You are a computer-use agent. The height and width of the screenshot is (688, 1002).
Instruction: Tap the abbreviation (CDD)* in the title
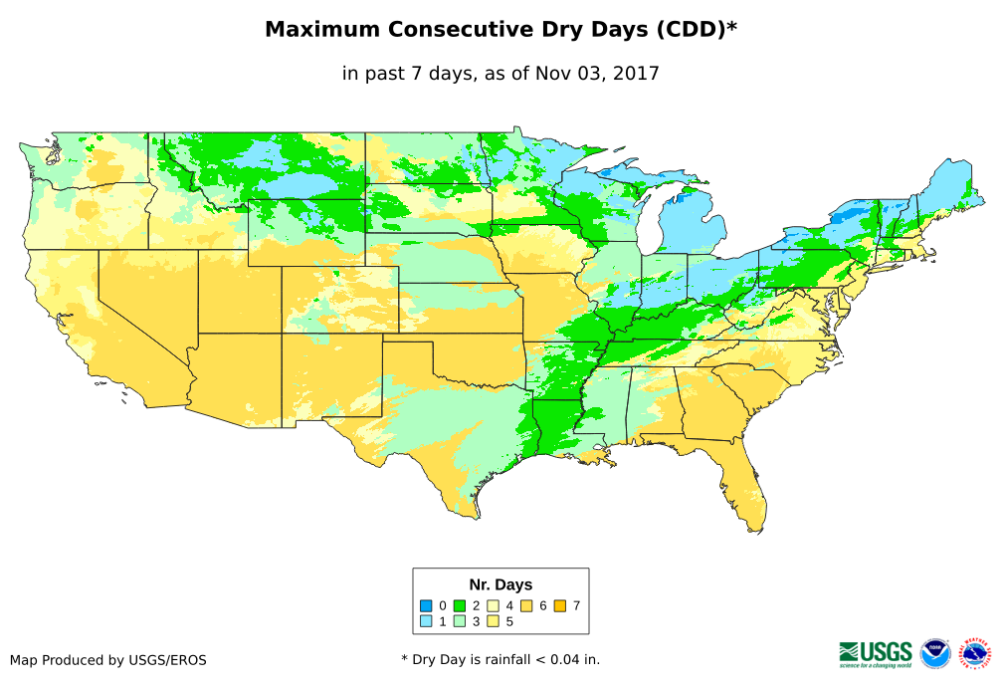tap(696, 30)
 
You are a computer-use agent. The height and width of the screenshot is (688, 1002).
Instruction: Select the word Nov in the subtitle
tap(553, 74)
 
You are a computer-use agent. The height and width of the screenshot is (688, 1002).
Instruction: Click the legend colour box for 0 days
tap(426, 605)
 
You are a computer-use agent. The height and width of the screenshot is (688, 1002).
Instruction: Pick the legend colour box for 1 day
tap(426, 622)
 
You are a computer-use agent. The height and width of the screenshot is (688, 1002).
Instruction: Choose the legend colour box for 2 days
tap(460, 605)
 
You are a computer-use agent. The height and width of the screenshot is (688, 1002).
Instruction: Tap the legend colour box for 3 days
tap(460, 622)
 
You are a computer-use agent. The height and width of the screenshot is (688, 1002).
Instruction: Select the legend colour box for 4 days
tap(494, 605)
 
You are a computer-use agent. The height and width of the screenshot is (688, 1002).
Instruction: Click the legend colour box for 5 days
tap(494, 622)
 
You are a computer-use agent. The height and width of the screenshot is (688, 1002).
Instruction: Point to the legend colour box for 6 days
tap(527, 605)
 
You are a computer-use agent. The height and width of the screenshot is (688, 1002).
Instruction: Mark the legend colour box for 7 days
tap(561, 605)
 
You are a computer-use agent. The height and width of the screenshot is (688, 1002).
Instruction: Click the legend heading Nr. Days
tap(501, 584)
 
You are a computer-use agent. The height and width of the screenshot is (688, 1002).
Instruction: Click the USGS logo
tap(876, 653)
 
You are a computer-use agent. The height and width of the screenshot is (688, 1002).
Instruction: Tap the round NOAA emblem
tap(935, 653)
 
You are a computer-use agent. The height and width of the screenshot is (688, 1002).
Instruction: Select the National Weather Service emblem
tap(975, 653)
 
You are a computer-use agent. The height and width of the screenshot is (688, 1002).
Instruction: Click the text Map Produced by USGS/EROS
tap(108, 660)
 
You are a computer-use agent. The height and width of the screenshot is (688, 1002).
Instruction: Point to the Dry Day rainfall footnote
tap(501, 659)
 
